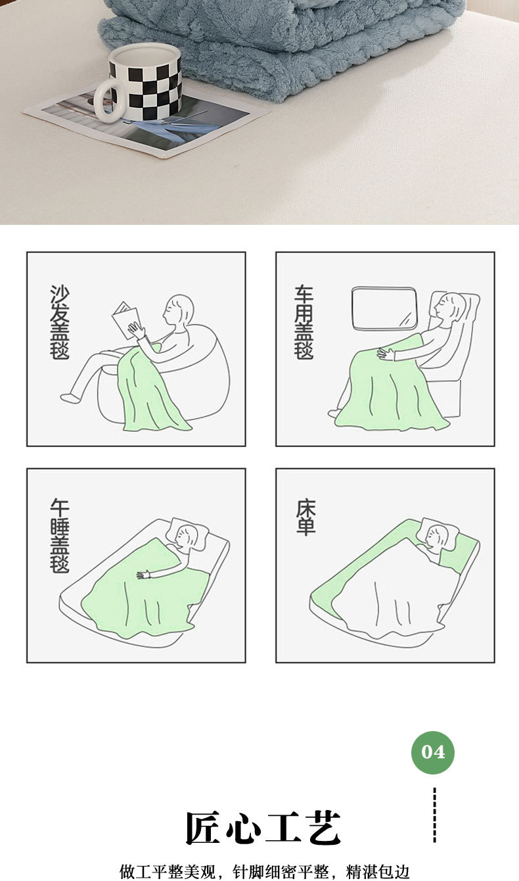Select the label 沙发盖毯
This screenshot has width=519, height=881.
point(60,322)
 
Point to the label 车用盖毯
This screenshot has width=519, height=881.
point(304,322)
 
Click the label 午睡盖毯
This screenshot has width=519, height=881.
point(60,536)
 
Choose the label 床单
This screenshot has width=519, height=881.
point(305,517)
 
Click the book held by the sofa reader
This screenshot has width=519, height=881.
point(125,320)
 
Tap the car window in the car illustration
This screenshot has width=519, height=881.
point(384,308)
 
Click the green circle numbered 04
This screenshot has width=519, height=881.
point(432,752)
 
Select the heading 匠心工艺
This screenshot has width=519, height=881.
point(263,828)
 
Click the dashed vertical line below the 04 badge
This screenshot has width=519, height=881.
point(434,815)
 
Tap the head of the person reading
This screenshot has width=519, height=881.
point(179,310)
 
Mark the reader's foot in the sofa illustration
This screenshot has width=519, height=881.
point(70,397)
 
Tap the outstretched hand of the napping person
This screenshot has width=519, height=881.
point(144,575)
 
